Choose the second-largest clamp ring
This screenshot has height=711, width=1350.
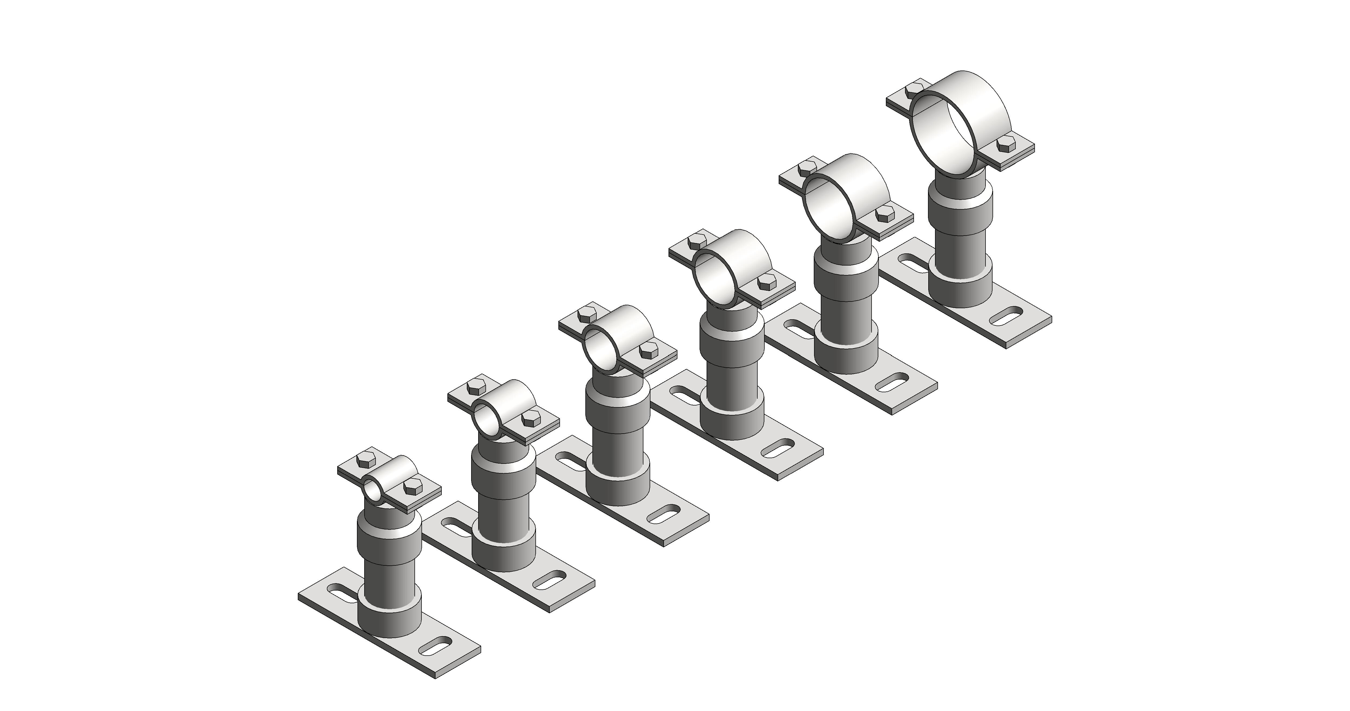point(859,194)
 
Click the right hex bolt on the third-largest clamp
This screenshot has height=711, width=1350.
point(766,284)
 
